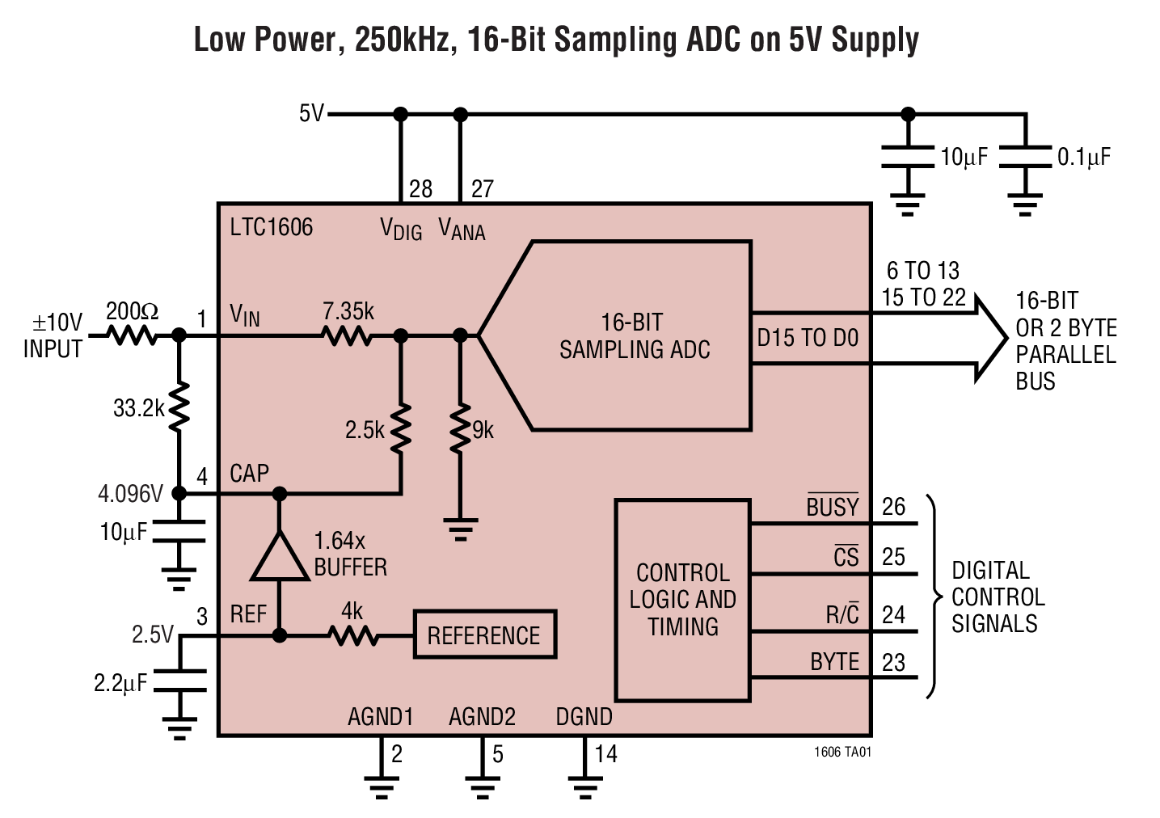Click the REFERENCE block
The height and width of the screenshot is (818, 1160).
(x=484, y=635)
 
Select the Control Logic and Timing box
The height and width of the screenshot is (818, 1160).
(x=682, y=600)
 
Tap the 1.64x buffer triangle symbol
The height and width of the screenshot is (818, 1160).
(x=280, y=559)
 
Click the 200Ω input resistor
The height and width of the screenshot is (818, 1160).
(x=133, y=335)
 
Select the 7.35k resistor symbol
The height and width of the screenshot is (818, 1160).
(x=348, y=335)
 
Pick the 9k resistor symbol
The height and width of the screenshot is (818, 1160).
(x=460, y=428)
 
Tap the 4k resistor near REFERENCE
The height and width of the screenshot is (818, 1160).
(x=353, y=636)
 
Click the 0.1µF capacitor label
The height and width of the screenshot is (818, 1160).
(x=1084, y=157)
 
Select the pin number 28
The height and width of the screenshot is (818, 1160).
(x=420, y=189)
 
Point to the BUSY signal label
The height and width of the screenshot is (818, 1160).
(x=832, y=507)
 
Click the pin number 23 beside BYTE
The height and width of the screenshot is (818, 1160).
(x=893, y=663)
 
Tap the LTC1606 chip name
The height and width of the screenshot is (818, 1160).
(x=271, y=227)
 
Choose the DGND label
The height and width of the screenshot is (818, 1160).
(x=584, y=717)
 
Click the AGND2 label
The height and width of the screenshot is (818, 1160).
(x=482, y=717)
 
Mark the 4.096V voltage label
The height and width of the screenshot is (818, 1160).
(x=130, y=493)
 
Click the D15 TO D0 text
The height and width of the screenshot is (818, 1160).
(x=808, y=338)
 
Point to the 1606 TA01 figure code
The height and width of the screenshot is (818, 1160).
(x=842, y=752)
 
